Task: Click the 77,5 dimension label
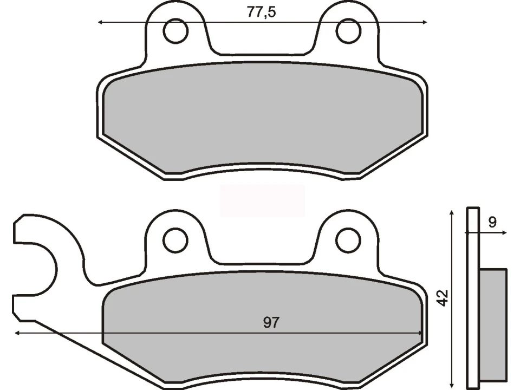pyautogui.click(x=261, y=12)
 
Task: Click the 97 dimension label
pyautogui.click(x=271, y=323)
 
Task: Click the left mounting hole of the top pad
pyautogui.click(x=175, y=32)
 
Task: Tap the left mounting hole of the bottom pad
pyautogui.click(x=175, y=240)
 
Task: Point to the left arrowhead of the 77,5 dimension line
pyautogui.click(x=100, y=23)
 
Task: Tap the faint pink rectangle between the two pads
pyautogui.click(x=263, y=200)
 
